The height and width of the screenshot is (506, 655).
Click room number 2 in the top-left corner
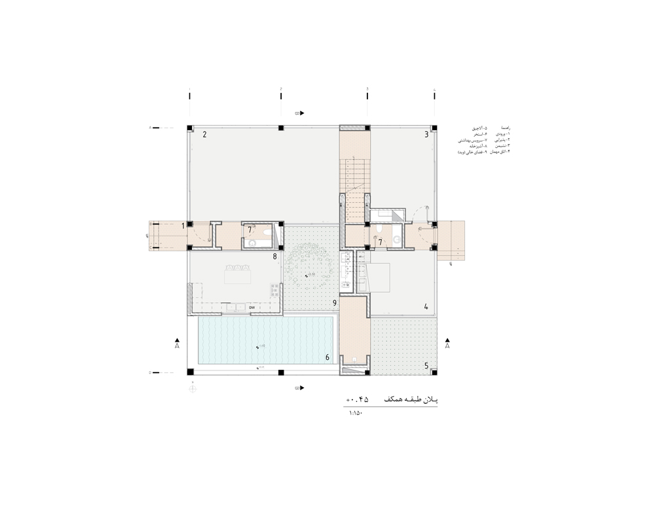pyautogui.click(x=205, y=136)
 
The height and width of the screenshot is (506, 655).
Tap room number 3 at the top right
pyautogui.click(x=426, y=135)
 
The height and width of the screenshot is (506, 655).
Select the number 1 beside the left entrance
pyautogui.click(x=183, y=226)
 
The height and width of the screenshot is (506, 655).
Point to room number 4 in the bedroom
pyautogui.click(x=426, y=306)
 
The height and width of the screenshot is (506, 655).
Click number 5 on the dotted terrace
pyautogui.click(x=426, y=366)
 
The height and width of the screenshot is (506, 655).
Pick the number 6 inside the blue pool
pyautogui.click(x=327, y=357)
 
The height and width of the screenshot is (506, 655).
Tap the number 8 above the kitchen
pyautogui.click(x=275, y=257)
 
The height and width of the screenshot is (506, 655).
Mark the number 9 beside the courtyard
pyautogui.click(x=334, y=303)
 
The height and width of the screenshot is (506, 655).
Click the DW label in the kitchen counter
pyautogui.click(x=252, y=306)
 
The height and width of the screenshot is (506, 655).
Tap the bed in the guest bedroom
pyautogui.click(x=383, y=275)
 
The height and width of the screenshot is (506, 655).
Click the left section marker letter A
pyautogui.click(x=177, y=347)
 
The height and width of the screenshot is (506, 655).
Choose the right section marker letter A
pyautogui.click(x=447, y=347)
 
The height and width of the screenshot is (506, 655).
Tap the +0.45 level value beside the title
pyautogui.click(x=358, y=399)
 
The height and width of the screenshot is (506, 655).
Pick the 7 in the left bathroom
pyautogui.click(x=250, y=230)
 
